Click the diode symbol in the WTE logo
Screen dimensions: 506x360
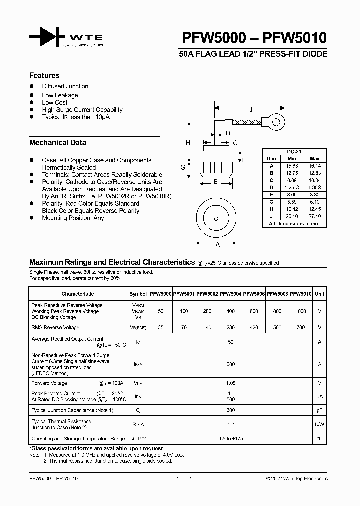(x=48, y=37)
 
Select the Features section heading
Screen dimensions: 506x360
(x=44, y=76)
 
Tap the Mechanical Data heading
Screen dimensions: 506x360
(x=57, y=143)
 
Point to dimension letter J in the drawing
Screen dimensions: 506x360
(x=251, y=109)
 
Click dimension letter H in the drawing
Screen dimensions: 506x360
(x=189, y=143)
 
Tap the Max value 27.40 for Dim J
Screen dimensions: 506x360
(x=315, y=216)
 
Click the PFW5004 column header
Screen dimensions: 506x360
(x=231, y=294)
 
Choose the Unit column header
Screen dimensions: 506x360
(x=319, y=294)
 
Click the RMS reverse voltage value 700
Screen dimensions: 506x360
(x=301, y=328)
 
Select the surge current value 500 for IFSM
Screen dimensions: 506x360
(x=230, y=365)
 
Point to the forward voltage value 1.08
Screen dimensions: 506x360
(x=230, y=383)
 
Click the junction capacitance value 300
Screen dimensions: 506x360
(x=230, y=410)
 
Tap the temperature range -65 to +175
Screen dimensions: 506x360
(x=230, y=438)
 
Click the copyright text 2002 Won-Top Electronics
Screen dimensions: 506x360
(x=297, y=478)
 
